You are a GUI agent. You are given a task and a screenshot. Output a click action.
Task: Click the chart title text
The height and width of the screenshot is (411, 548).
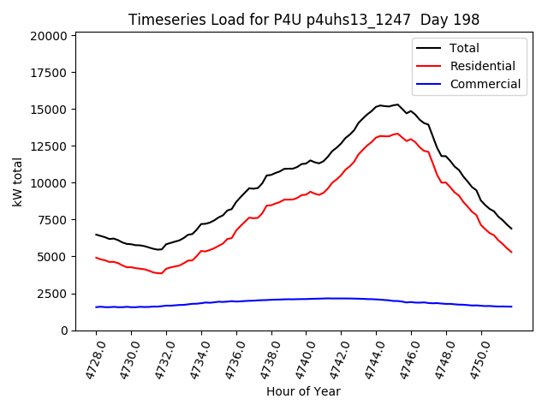(304, 20)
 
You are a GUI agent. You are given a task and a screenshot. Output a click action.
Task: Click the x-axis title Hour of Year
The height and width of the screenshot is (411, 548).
(303, 391)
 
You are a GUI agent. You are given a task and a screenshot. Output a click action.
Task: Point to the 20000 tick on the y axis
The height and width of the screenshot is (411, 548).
(49, 36)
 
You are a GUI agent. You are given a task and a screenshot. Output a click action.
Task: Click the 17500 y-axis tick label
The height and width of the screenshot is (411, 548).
(49, 73)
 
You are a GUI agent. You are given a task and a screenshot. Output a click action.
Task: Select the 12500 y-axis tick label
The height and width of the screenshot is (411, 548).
(49, 146)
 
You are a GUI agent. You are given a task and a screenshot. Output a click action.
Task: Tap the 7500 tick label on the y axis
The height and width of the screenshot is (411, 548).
(52, 220)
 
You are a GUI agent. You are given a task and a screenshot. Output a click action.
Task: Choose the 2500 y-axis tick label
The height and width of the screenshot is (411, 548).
(52, 294)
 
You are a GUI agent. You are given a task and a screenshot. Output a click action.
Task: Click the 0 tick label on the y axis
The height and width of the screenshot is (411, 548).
(64, 331)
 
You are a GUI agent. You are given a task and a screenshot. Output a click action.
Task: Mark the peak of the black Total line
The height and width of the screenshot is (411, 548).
(397, 104)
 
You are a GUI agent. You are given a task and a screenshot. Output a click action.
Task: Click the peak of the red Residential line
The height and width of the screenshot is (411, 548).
(397, 134)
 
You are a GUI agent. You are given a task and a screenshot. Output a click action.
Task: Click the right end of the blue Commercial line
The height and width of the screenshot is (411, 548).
(511, 307)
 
